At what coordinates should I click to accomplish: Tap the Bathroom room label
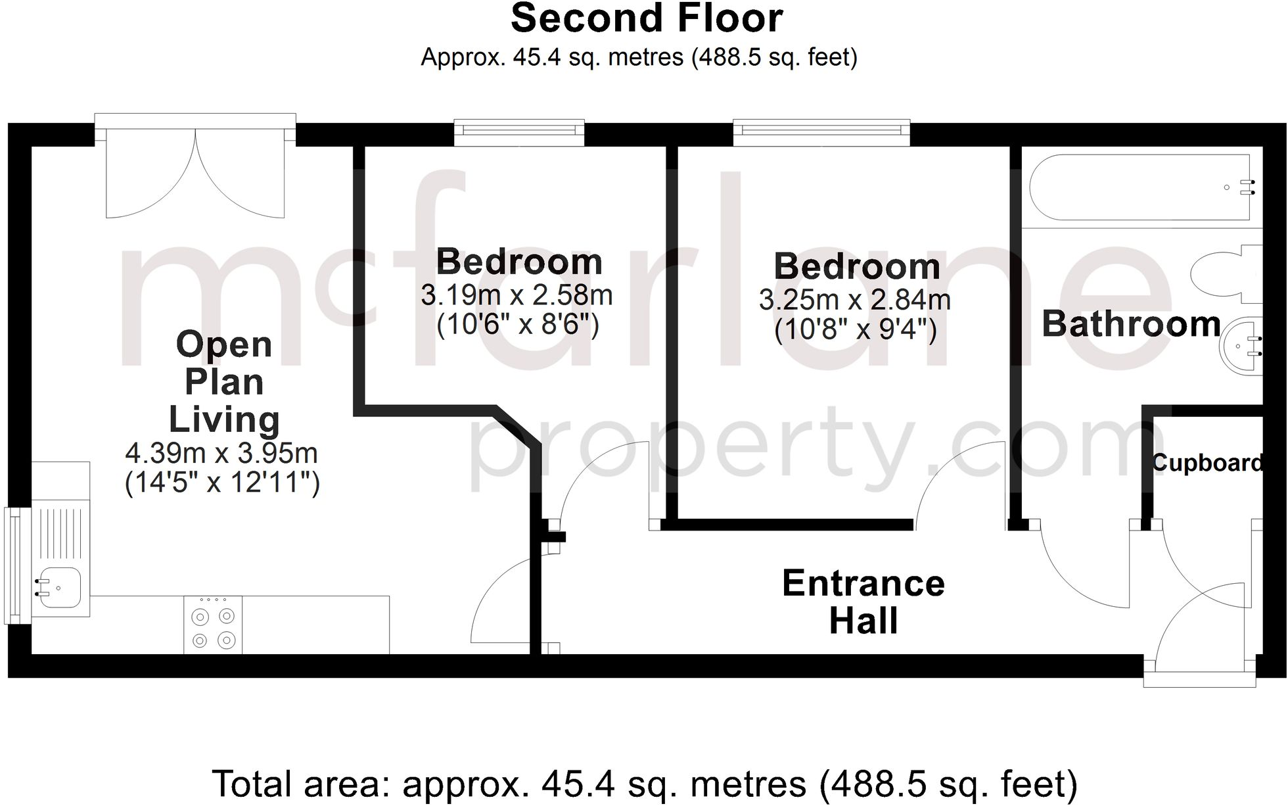[1131, 324]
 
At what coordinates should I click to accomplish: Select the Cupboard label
[1207, 463]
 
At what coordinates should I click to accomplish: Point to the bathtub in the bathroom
[1140, 187]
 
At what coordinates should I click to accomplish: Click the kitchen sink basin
[59, 586]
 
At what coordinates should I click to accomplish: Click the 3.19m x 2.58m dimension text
[517, 296]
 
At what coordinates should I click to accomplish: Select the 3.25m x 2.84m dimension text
[855, 300]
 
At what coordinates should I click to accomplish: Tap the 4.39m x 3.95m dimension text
[221, 453]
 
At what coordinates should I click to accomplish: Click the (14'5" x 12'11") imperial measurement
[222, 484]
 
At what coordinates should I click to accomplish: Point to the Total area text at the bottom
[644, 784]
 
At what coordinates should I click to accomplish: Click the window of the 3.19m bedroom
[519, 131]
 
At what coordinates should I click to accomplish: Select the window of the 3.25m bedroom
[821, 131]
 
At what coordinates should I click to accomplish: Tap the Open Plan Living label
[224, 381]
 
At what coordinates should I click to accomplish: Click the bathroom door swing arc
[1078, 572]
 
